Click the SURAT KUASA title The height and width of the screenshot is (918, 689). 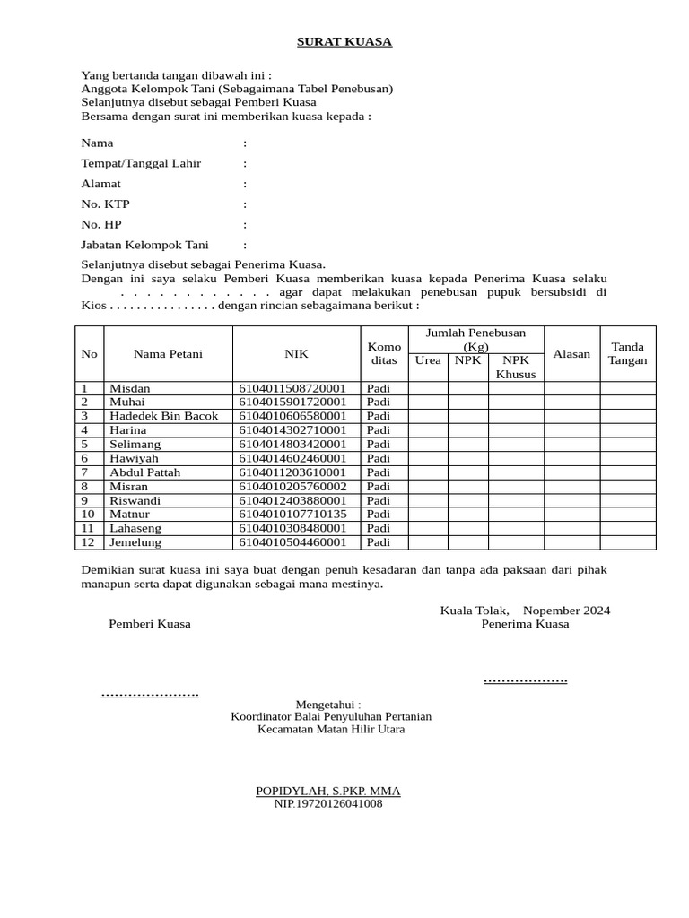pyautogui.click(x=344, y=42)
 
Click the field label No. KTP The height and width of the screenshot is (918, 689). pyautogui.click(x=105, y=204)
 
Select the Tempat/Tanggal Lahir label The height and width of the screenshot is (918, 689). pyautogui.click(x=141, y=163)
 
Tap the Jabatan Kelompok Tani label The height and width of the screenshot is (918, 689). pyautogui.click(x=144, y=245)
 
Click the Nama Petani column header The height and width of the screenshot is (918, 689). pyautogui.click(x=168, y=354)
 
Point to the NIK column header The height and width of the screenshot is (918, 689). pyautogui.click(x=296, y=354)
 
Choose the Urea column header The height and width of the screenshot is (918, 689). pyautogui.click(x=428, y=360)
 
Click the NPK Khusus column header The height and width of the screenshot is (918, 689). pyautogui.click(x=516, y=367)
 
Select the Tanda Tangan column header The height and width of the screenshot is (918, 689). pyautogui.click(x=627, y=354)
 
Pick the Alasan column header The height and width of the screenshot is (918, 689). pyautogui.click(x=571, y=354)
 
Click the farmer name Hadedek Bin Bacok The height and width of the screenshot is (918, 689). pyautogui.click(x=163, y=416)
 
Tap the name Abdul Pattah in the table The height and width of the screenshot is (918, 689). pyautogui.click(x=144, y=472)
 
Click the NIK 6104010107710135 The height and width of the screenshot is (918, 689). pyautogui.click(x=292, y=514)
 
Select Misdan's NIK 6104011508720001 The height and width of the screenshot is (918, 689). pyautogui.click(x=292, y=388)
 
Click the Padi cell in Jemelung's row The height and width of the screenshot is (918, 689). pyautogui.click(x=379, y=541)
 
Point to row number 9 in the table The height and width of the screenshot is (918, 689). pyautogui.click(x=85, y=500)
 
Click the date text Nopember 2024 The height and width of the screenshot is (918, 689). pyautogui.click(x=566, y=611)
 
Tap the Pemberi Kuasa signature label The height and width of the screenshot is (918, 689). pyautogui.click(x=150, y=624)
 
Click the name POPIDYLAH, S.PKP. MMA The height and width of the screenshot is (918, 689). pyautogui.click(x=328, y=791)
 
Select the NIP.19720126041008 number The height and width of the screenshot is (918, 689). pyautogui.click(x=328, y=804)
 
